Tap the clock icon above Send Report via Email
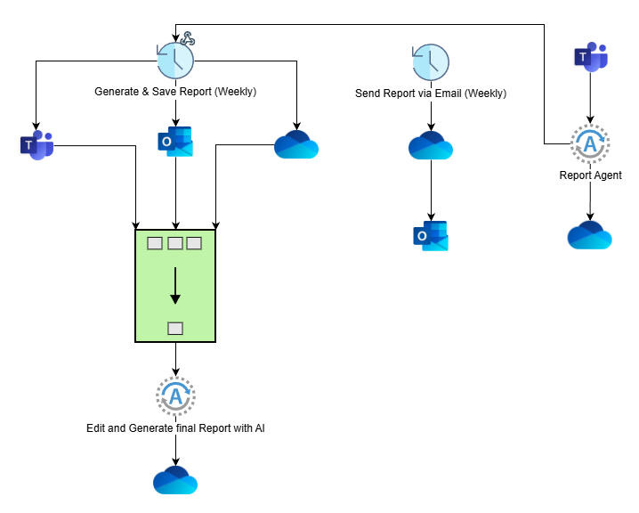(x=431, y=63)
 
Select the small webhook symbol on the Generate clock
(x=187, y=38)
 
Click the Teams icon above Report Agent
(x=590, y=57)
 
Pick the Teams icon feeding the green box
(x=36, y=145)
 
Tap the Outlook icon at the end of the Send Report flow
(x=431, y=237)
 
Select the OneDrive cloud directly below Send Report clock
(x=431, y=145)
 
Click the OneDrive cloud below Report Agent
(x=590, y=234)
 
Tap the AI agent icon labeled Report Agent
(x=590, y=143)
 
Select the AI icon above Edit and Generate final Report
(x=175, y=395)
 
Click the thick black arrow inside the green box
(x=175, y=287)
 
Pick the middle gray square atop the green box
(x=175, y=243)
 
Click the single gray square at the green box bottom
(x=175, y=329)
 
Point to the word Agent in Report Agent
(x=607, y=175)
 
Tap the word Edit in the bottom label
(x=96, y=428)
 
